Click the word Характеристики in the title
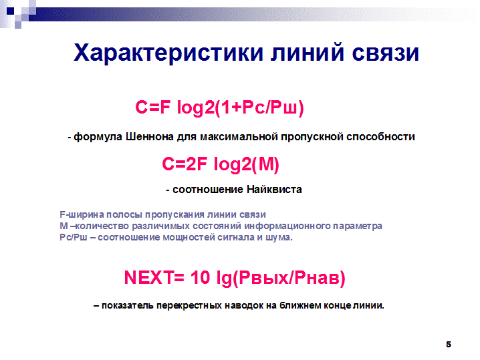[x=168, y=53]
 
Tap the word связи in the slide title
[x=386, y=53]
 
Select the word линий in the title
[x=308, y=52]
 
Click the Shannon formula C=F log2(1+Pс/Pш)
[x=219, y=108]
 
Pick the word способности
[x=380, y=137]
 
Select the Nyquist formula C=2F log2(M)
[x=221, y=164]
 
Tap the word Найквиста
[x=274, y=189]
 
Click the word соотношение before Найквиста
[x=208, y=190]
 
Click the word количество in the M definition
[x=102, y=226]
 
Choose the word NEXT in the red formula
[x=148, y=278]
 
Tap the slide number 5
[x=449, y=345]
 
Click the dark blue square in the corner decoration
[x=11, y=11]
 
